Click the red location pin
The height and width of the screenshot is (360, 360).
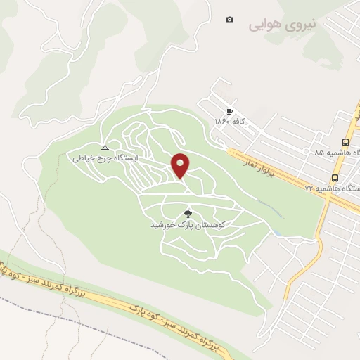point(181,165)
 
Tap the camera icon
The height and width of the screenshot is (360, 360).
point(229,19)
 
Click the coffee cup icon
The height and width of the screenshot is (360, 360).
point(229,112)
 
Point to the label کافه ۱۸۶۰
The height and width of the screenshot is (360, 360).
point(230,122)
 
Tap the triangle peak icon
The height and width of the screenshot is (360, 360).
point(105,148)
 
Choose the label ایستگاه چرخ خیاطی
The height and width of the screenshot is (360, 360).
point(105,159)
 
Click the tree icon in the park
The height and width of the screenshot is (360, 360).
point(188,213)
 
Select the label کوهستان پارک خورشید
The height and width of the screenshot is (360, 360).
point(187,225)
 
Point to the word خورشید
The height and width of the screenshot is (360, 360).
point(162,225)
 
